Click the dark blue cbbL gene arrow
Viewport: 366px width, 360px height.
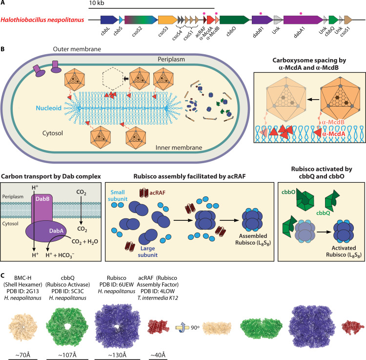pyautogui.click(x=109, y=20)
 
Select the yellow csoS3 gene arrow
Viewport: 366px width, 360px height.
pyautogui.click(x=167, y=20)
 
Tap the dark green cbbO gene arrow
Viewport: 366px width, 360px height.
pyautogui.click(x=235, y=20)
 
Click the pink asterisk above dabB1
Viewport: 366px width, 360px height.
pyautogui.click(x=261, y=14)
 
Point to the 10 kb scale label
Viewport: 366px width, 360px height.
pyautogui.click(x=97, y=3)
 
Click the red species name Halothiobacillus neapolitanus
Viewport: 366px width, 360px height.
pyautogui.click(x=42, y=20)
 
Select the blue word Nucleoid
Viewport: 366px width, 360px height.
pyautogui.click(x=48, y=108)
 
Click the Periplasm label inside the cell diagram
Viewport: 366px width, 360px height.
pyautogui.click(x=171, y=59)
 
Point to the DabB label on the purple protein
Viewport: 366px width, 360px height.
pyautogui.click(x=42, y=199)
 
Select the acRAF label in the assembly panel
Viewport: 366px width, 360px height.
pyautogui.click(x=157, y=193)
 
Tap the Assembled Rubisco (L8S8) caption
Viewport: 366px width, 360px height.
pyautogui.click(x=253, y=239)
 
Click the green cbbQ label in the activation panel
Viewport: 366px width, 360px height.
pyautogui.click(x=323, y=213)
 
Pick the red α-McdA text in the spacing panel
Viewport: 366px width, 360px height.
pyautogui.click(x=334, y=134)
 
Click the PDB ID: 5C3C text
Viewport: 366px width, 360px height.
pyautogui.click(x=67, y=291)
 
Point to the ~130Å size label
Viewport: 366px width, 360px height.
pyautogui.click(x=117, y=355)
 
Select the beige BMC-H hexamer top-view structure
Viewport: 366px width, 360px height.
pyautogui.click(x=23, y=327)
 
